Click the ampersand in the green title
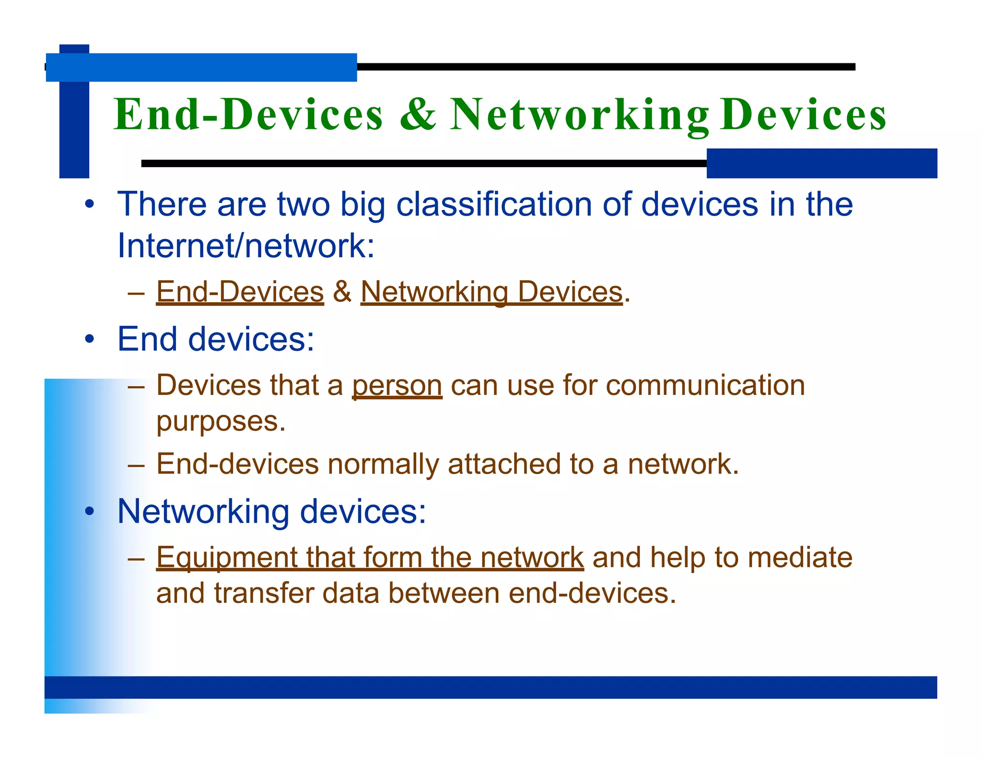[418, 115]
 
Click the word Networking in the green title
[579, 115]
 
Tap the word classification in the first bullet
[494, 205]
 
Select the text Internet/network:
[246, 246]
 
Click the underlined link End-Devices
[240, 292]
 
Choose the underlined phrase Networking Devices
[491, 292]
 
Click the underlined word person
[397, 386]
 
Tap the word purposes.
[221, 422]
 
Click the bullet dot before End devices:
[89, 340]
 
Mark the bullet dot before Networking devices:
[89, 512]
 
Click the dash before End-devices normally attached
[136, 465]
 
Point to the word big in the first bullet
[362, 205]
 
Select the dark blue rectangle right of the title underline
[821, 163]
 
